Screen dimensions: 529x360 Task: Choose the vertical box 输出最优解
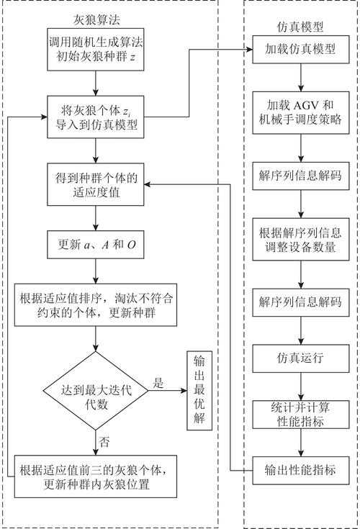[x=199, y=391]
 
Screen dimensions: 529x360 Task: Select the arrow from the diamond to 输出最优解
[x=167, y=390]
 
